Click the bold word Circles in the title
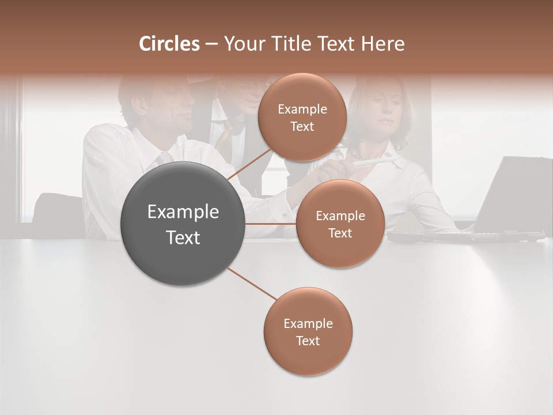[169, 44]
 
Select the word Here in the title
[383, 44]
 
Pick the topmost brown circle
[302, 118]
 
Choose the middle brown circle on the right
[340, 224]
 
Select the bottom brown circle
[308, 332]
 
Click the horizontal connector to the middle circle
[271, 224]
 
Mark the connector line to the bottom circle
[252, 284]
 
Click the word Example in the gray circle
[183, 212]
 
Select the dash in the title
[211, 44]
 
